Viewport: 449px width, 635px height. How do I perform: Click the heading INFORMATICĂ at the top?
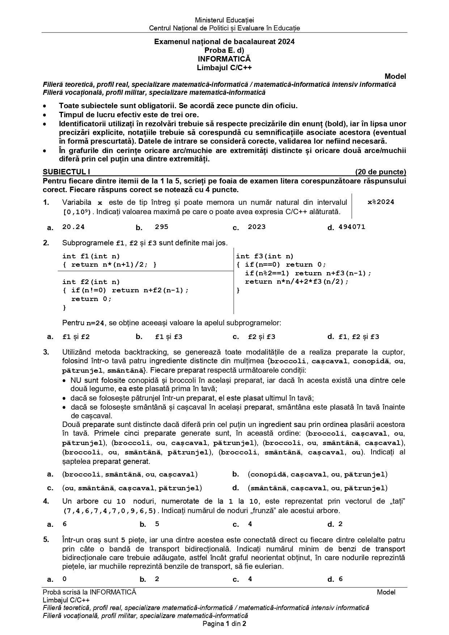(x=224, y=59)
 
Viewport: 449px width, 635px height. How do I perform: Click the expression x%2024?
(x=381, y=202)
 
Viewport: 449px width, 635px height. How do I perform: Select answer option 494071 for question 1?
(x=352, y=227)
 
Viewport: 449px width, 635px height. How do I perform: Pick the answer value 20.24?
(x=73, y=227)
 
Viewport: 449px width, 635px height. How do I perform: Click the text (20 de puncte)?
(x=381, y=172)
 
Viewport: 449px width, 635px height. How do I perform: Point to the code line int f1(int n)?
(x=91, y=256)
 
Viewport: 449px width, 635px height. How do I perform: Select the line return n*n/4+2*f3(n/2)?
(x=297, y=281)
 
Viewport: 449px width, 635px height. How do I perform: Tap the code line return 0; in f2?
(x=92, y=299)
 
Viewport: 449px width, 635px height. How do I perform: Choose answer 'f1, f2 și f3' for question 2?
(x=359, y=337)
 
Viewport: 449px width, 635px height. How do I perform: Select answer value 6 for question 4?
(x=64, y=524)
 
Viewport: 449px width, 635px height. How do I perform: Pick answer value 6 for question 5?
(x=340, y=579)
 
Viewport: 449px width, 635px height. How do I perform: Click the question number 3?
(x=46, y=352)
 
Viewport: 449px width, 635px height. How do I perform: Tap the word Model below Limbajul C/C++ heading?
(x=395, y=76)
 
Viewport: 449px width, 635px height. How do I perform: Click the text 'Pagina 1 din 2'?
(x=224, y=623)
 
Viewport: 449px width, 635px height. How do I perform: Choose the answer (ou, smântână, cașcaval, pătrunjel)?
(x=132, y=488)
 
